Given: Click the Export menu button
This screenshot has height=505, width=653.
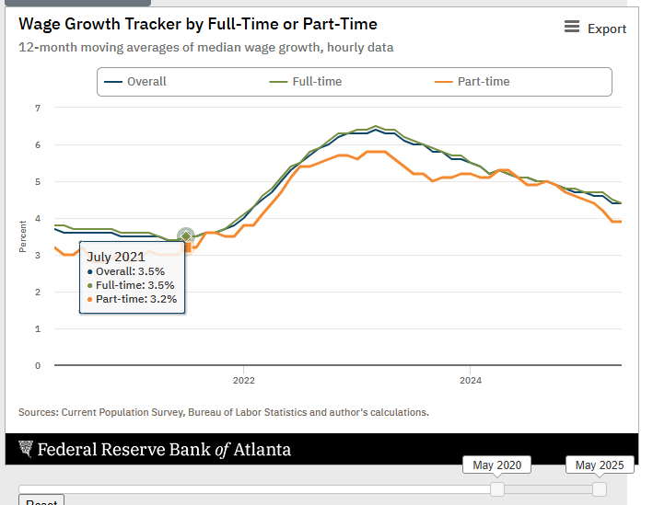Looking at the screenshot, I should [x=596, y=29].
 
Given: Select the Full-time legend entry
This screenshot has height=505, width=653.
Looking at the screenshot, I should [x=306, y=82].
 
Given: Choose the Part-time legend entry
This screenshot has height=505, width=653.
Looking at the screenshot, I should [x=471, y=82].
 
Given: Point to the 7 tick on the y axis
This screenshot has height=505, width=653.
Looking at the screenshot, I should [x=38, y=109].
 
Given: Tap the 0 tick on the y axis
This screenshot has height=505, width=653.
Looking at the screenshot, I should [x=38, y=365].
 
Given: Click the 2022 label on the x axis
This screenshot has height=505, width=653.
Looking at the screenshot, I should [x=244, y=380].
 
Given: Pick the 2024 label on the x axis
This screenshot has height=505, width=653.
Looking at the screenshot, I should [x=471, y=380].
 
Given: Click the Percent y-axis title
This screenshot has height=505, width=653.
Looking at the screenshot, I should [x=22, y=236].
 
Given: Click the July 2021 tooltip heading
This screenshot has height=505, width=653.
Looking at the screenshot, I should [x=116, y=258].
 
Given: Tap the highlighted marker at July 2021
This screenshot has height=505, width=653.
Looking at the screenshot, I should [x=186, y=236].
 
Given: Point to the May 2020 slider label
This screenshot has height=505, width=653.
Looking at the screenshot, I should [x=496, y=465].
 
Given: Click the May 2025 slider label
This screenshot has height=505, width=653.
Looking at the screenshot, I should [x=600, y=465].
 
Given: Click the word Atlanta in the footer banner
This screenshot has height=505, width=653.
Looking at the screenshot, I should [x=262, y=450].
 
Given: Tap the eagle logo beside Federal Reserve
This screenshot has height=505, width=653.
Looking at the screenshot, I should [x=25, y=449].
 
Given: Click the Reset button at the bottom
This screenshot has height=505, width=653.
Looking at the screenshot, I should [x=41, y=501].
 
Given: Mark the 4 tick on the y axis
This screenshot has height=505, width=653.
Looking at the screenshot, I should [x=38, y=219].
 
